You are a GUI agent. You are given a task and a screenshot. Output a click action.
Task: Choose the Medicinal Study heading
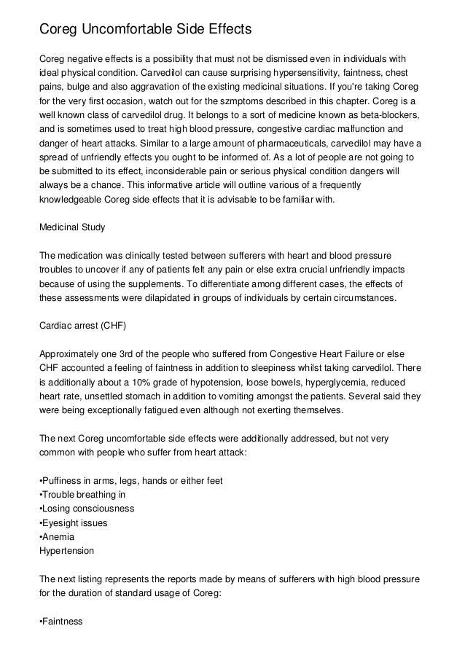pyautogui.click(x=72, y=227)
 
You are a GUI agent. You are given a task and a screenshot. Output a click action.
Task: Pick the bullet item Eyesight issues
pyautogui.click(x=75, y=524)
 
